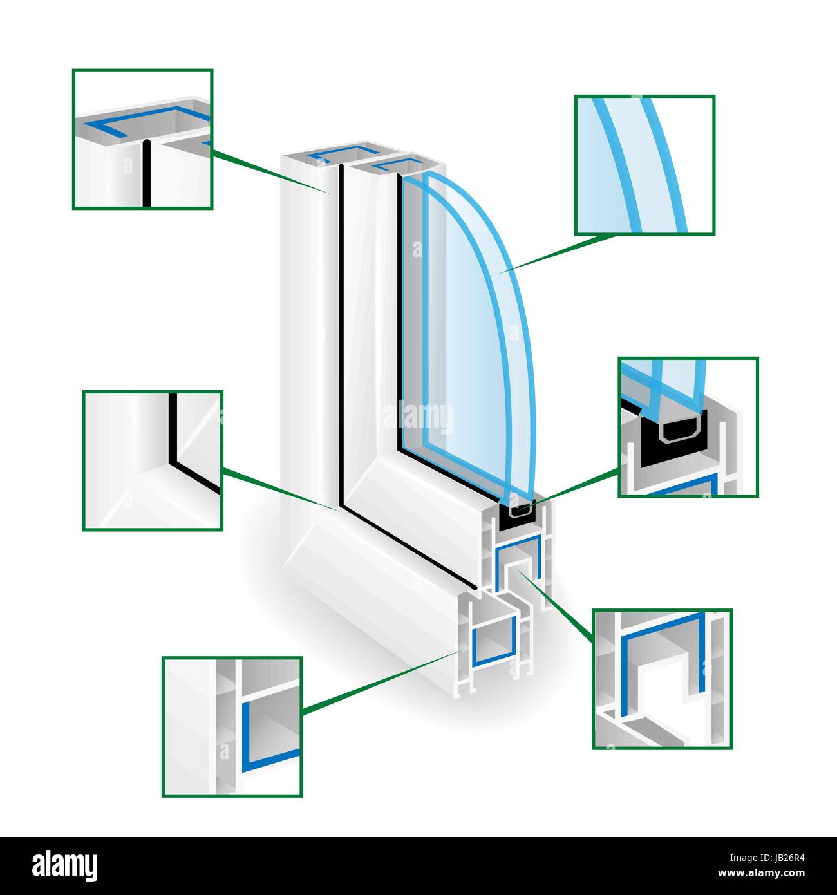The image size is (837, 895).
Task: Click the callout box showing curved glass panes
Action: click(644, 165)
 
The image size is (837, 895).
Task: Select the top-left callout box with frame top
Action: click(142, 139)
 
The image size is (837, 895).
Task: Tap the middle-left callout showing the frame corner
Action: click(153, 460)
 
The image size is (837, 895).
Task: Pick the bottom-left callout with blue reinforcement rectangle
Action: click(232, 726)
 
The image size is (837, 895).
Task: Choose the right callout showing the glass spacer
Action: click(688, 427)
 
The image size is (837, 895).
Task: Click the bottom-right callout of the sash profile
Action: click(662, 679)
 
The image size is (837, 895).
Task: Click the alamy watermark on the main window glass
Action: click(418, 415)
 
